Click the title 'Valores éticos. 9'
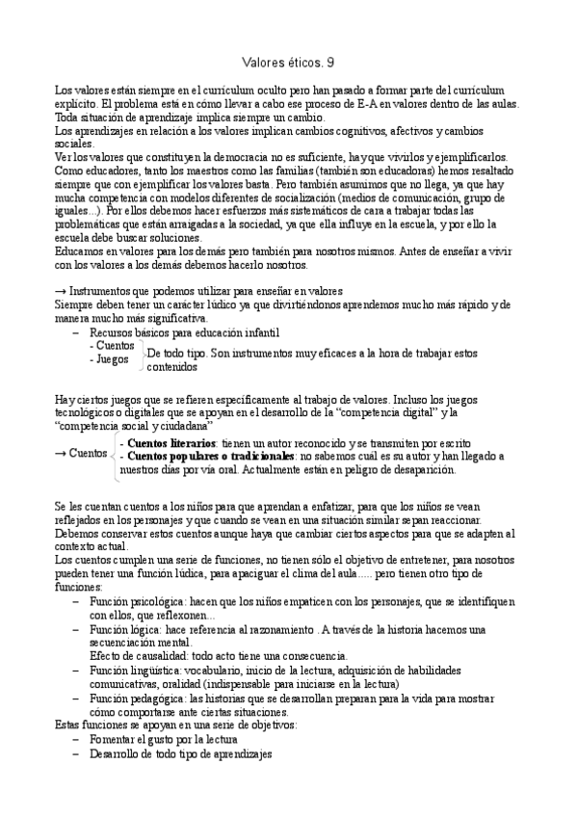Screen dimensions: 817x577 tap(288, 63)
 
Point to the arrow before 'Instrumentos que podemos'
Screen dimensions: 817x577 tap(63, 292)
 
